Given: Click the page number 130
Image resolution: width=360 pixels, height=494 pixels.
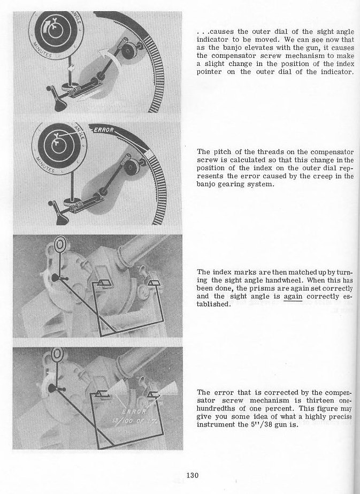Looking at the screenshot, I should (x=193, y=474).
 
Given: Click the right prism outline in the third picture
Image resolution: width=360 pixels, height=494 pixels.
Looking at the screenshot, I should (x=157, y=282).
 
